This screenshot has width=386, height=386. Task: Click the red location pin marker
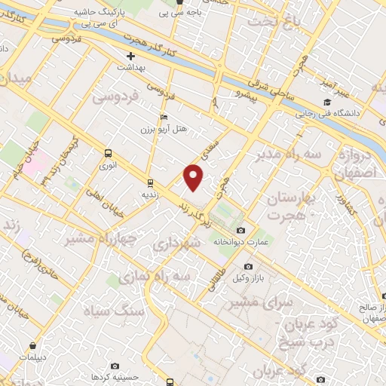[195, 176]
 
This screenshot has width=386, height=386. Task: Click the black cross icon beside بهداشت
[130, 56]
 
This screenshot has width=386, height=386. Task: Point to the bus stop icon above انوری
[109, 152]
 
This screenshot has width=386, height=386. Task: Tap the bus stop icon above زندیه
[150, 182]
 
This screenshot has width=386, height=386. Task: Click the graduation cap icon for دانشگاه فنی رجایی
[327, 102]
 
